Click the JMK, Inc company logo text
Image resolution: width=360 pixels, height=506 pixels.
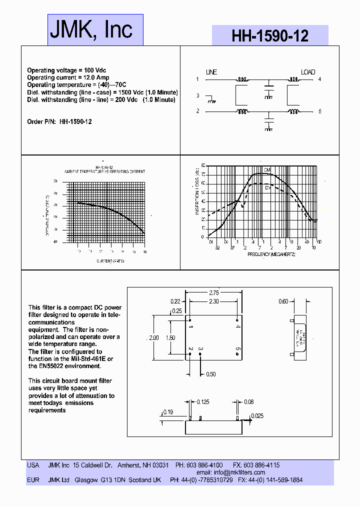(91, 30)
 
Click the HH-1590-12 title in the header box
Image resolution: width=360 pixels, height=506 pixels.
(270, 36)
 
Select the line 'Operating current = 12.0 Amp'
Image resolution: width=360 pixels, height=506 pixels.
(68, 77)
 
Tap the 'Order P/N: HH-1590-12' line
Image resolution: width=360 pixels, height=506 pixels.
(59, 121)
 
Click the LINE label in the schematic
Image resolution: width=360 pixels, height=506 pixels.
(211, 72)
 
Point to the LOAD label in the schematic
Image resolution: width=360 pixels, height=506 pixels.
(308, 72)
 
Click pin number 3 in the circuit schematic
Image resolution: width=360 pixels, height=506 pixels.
(197, 95)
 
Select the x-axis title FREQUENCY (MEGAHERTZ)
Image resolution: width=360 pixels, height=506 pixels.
(271, 254)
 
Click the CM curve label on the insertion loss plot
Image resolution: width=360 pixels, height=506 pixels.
(266, 170)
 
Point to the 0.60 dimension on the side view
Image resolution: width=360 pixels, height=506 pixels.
(283, 301)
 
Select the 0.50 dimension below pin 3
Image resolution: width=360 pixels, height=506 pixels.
(210, 374)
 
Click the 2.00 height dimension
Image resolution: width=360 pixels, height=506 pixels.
(153, 338)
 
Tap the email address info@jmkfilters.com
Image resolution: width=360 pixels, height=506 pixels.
(238, 472)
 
